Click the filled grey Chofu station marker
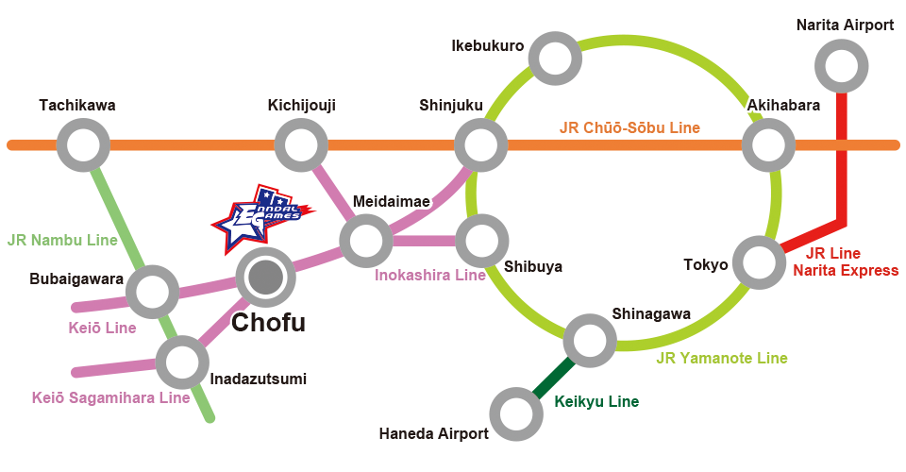(266, 278)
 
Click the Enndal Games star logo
(263, 219)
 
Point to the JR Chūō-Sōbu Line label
(629, 127)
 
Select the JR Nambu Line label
(62, 240)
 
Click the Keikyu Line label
(596, 401)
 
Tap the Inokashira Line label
(430, 275)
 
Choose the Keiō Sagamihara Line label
(111, 397)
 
